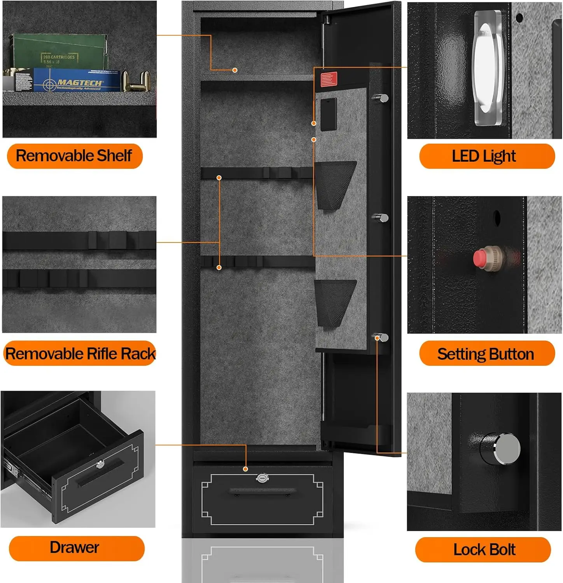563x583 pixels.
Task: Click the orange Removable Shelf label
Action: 75,156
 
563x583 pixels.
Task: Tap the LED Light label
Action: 486,156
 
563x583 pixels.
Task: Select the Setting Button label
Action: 486,354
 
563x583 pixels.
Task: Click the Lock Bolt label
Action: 483,550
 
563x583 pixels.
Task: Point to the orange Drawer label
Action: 76,548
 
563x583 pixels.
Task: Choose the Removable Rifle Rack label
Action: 80,354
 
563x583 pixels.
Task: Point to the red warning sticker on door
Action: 329,79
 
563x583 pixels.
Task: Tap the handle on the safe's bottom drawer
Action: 262,491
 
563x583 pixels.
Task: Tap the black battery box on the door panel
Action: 329,114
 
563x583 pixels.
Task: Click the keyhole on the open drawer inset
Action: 100,464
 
